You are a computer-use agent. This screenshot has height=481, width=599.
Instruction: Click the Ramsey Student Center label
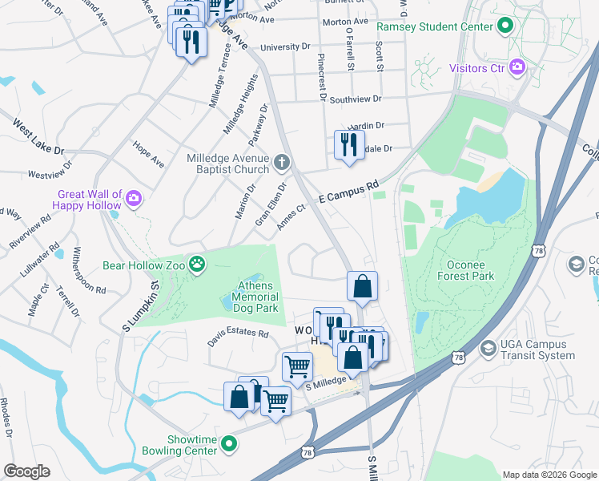pos(434,26)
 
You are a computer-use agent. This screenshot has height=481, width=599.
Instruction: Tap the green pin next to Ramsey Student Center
pos(505,26)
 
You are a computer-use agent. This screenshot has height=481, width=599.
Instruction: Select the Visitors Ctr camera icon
pos(517,67)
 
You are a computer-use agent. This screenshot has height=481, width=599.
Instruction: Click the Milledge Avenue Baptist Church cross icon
pos(281,164)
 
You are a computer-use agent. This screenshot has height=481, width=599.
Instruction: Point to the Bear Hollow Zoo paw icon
pos(196,264)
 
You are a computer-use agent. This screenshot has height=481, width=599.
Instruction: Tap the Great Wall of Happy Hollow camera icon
pos(133,197)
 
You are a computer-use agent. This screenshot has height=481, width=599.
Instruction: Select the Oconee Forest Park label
pos(471,269)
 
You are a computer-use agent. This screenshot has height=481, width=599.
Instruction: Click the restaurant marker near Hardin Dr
pos(348,145)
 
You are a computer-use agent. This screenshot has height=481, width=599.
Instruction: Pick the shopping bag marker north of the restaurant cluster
pos(362,286)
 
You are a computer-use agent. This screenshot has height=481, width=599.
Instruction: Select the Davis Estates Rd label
pos(238,333)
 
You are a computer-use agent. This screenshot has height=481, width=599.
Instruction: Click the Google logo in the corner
pos(26,471)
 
